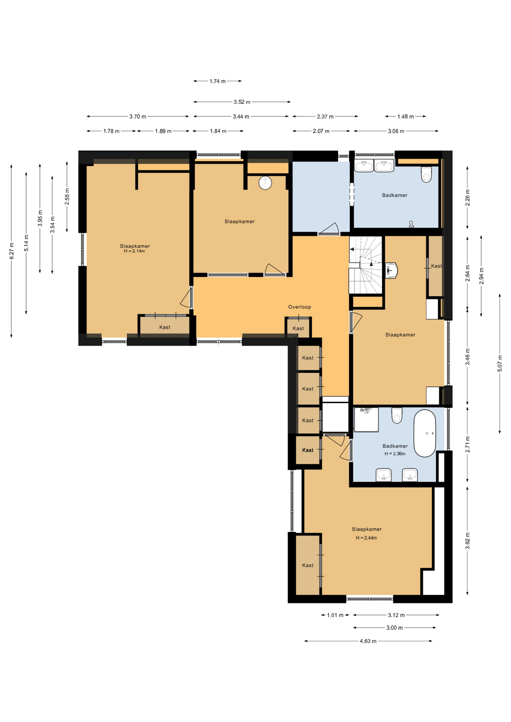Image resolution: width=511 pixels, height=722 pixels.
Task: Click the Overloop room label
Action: point(300,307)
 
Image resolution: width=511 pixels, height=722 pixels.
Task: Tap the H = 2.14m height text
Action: point(134,251)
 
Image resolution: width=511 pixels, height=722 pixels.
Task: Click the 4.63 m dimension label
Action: point(368,641)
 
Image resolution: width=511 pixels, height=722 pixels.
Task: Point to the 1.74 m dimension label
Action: point(217,81)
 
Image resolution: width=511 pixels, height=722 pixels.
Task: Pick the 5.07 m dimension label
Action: point(500,363)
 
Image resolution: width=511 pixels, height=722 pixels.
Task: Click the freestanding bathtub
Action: point(424,433)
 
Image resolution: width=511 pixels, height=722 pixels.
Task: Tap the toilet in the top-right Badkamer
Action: point(426,174)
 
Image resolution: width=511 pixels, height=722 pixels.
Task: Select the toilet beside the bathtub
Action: point(397,415)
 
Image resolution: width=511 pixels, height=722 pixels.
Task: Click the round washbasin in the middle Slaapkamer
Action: point(265,183)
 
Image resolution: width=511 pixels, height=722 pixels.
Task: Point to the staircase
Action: point(366,265)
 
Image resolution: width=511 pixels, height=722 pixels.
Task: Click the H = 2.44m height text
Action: point(367,538)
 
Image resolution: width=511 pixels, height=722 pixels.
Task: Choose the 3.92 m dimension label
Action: point(467,541)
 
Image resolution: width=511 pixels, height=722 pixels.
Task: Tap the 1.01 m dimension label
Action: point(335,615)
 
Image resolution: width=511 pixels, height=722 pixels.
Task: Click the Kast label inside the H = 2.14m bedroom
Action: point(165,327)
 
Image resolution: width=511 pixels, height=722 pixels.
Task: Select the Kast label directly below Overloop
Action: point(298,328)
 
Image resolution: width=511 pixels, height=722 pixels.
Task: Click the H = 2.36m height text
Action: point(395,454)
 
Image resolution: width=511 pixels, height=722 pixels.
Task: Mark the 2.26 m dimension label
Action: point(467,198)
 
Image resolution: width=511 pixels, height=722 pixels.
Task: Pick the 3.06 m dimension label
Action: point(396,131)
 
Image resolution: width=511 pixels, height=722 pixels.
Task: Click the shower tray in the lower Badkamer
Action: point(366,419)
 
